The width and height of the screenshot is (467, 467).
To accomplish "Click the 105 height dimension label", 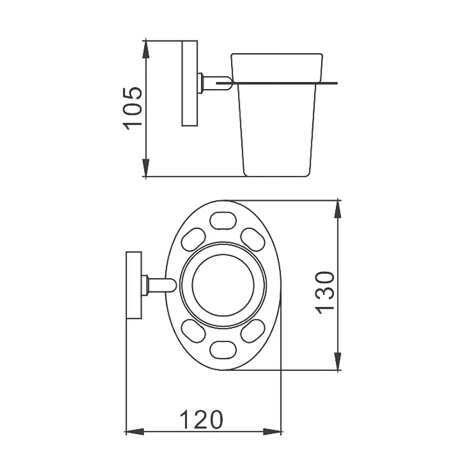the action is (133, 108).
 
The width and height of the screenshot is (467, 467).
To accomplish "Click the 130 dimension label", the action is (325, 293).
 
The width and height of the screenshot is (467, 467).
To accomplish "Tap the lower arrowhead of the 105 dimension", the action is (146, 167).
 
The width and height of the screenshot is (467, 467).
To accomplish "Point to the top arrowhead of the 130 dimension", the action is (338, 210).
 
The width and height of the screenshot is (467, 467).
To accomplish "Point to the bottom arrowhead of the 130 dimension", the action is (338, 361).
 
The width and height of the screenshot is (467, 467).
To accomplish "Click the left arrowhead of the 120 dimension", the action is (135, 432).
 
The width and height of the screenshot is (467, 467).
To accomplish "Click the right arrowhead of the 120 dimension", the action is (272, 432).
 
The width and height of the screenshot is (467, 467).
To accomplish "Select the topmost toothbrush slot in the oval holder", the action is (223, 220).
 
